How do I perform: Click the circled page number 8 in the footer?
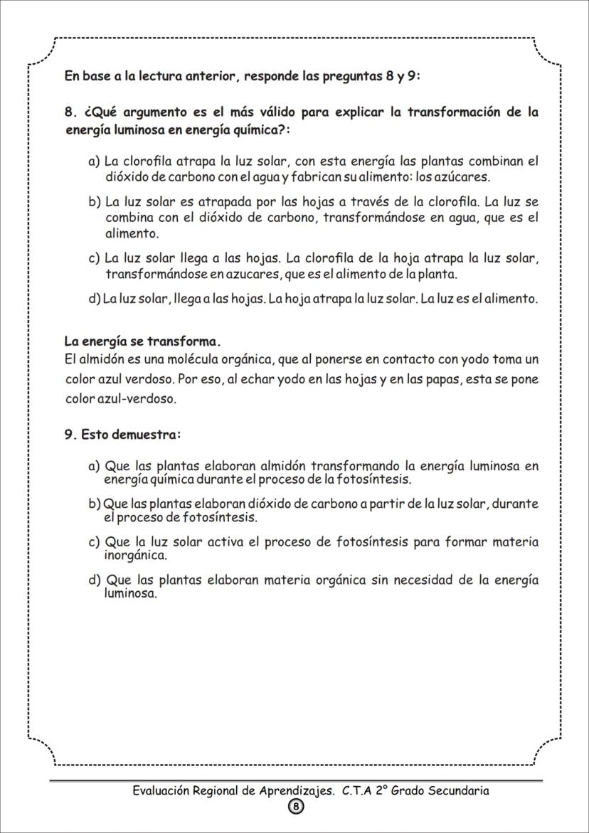pos(295,807)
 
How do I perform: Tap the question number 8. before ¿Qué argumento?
pos(70,112)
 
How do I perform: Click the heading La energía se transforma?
pos(143,341)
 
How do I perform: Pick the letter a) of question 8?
pos(94,161)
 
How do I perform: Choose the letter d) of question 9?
pos(95,580)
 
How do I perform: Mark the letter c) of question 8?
pos(94,258)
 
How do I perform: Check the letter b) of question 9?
pos(95,504)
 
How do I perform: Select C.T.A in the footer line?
pos(357,790)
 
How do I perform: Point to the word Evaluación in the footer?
pos(164,790)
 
